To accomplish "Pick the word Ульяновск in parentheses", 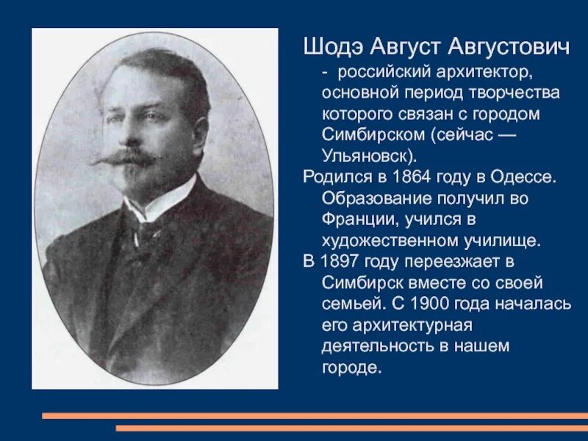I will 364,157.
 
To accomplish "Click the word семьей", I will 348,303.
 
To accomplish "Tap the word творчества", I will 521,94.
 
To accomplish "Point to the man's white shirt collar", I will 158,202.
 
